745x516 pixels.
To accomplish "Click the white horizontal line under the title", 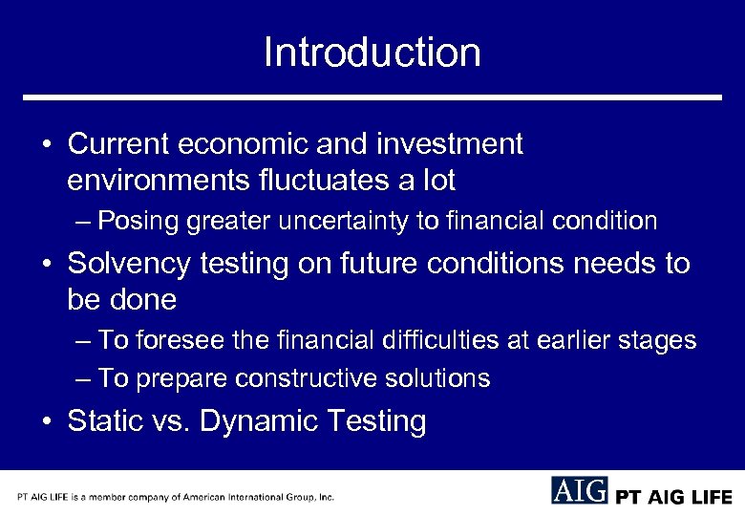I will pyautogui.click(x=372, y=97).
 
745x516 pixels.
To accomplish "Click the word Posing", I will pyautogui.click(x=138, y=222).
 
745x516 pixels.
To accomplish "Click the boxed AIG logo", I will pyautogui.click(x=579, y=490).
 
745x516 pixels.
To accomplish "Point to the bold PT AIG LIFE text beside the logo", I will pyautogui.click(x=673, y=497).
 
